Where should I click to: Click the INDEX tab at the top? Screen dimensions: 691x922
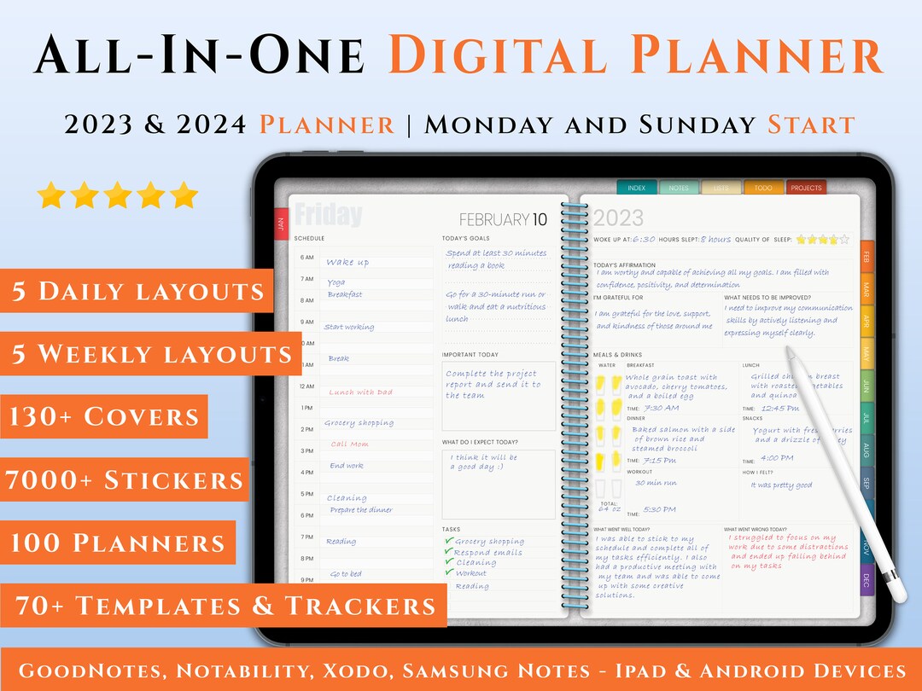(637, 188)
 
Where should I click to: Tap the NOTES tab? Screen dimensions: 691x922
(679, 188)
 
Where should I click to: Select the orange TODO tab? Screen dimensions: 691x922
(763, 188)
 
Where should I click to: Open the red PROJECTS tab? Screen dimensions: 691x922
(806, 188)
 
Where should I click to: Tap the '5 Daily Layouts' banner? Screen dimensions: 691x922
(137, 291)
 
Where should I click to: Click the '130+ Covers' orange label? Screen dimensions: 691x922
(104, 417)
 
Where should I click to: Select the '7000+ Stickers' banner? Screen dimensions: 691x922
(125, 480)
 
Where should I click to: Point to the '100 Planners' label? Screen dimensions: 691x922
(118, 543)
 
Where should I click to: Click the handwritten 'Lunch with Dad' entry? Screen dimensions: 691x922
(361, 392)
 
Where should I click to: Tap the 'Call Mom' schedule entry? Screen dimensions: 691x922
(350, 444)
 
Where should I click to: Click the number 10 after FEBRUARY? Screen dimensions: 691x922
(540, 220)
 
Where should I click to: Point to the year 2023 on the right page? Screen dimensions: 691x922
(618, 219)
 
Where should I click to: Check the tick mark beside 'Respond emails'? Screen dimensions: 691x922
(449, 551)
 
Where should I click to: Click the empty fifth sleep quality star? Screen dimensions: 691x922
(844, 240)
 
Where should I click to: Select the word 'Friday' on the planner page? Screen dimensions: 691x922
(328, 215)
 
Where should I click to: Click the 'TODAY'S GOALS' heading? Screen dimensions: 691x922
(466, 239)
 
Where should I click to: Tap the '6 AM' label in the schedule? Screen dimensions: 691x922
(307, 257)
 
